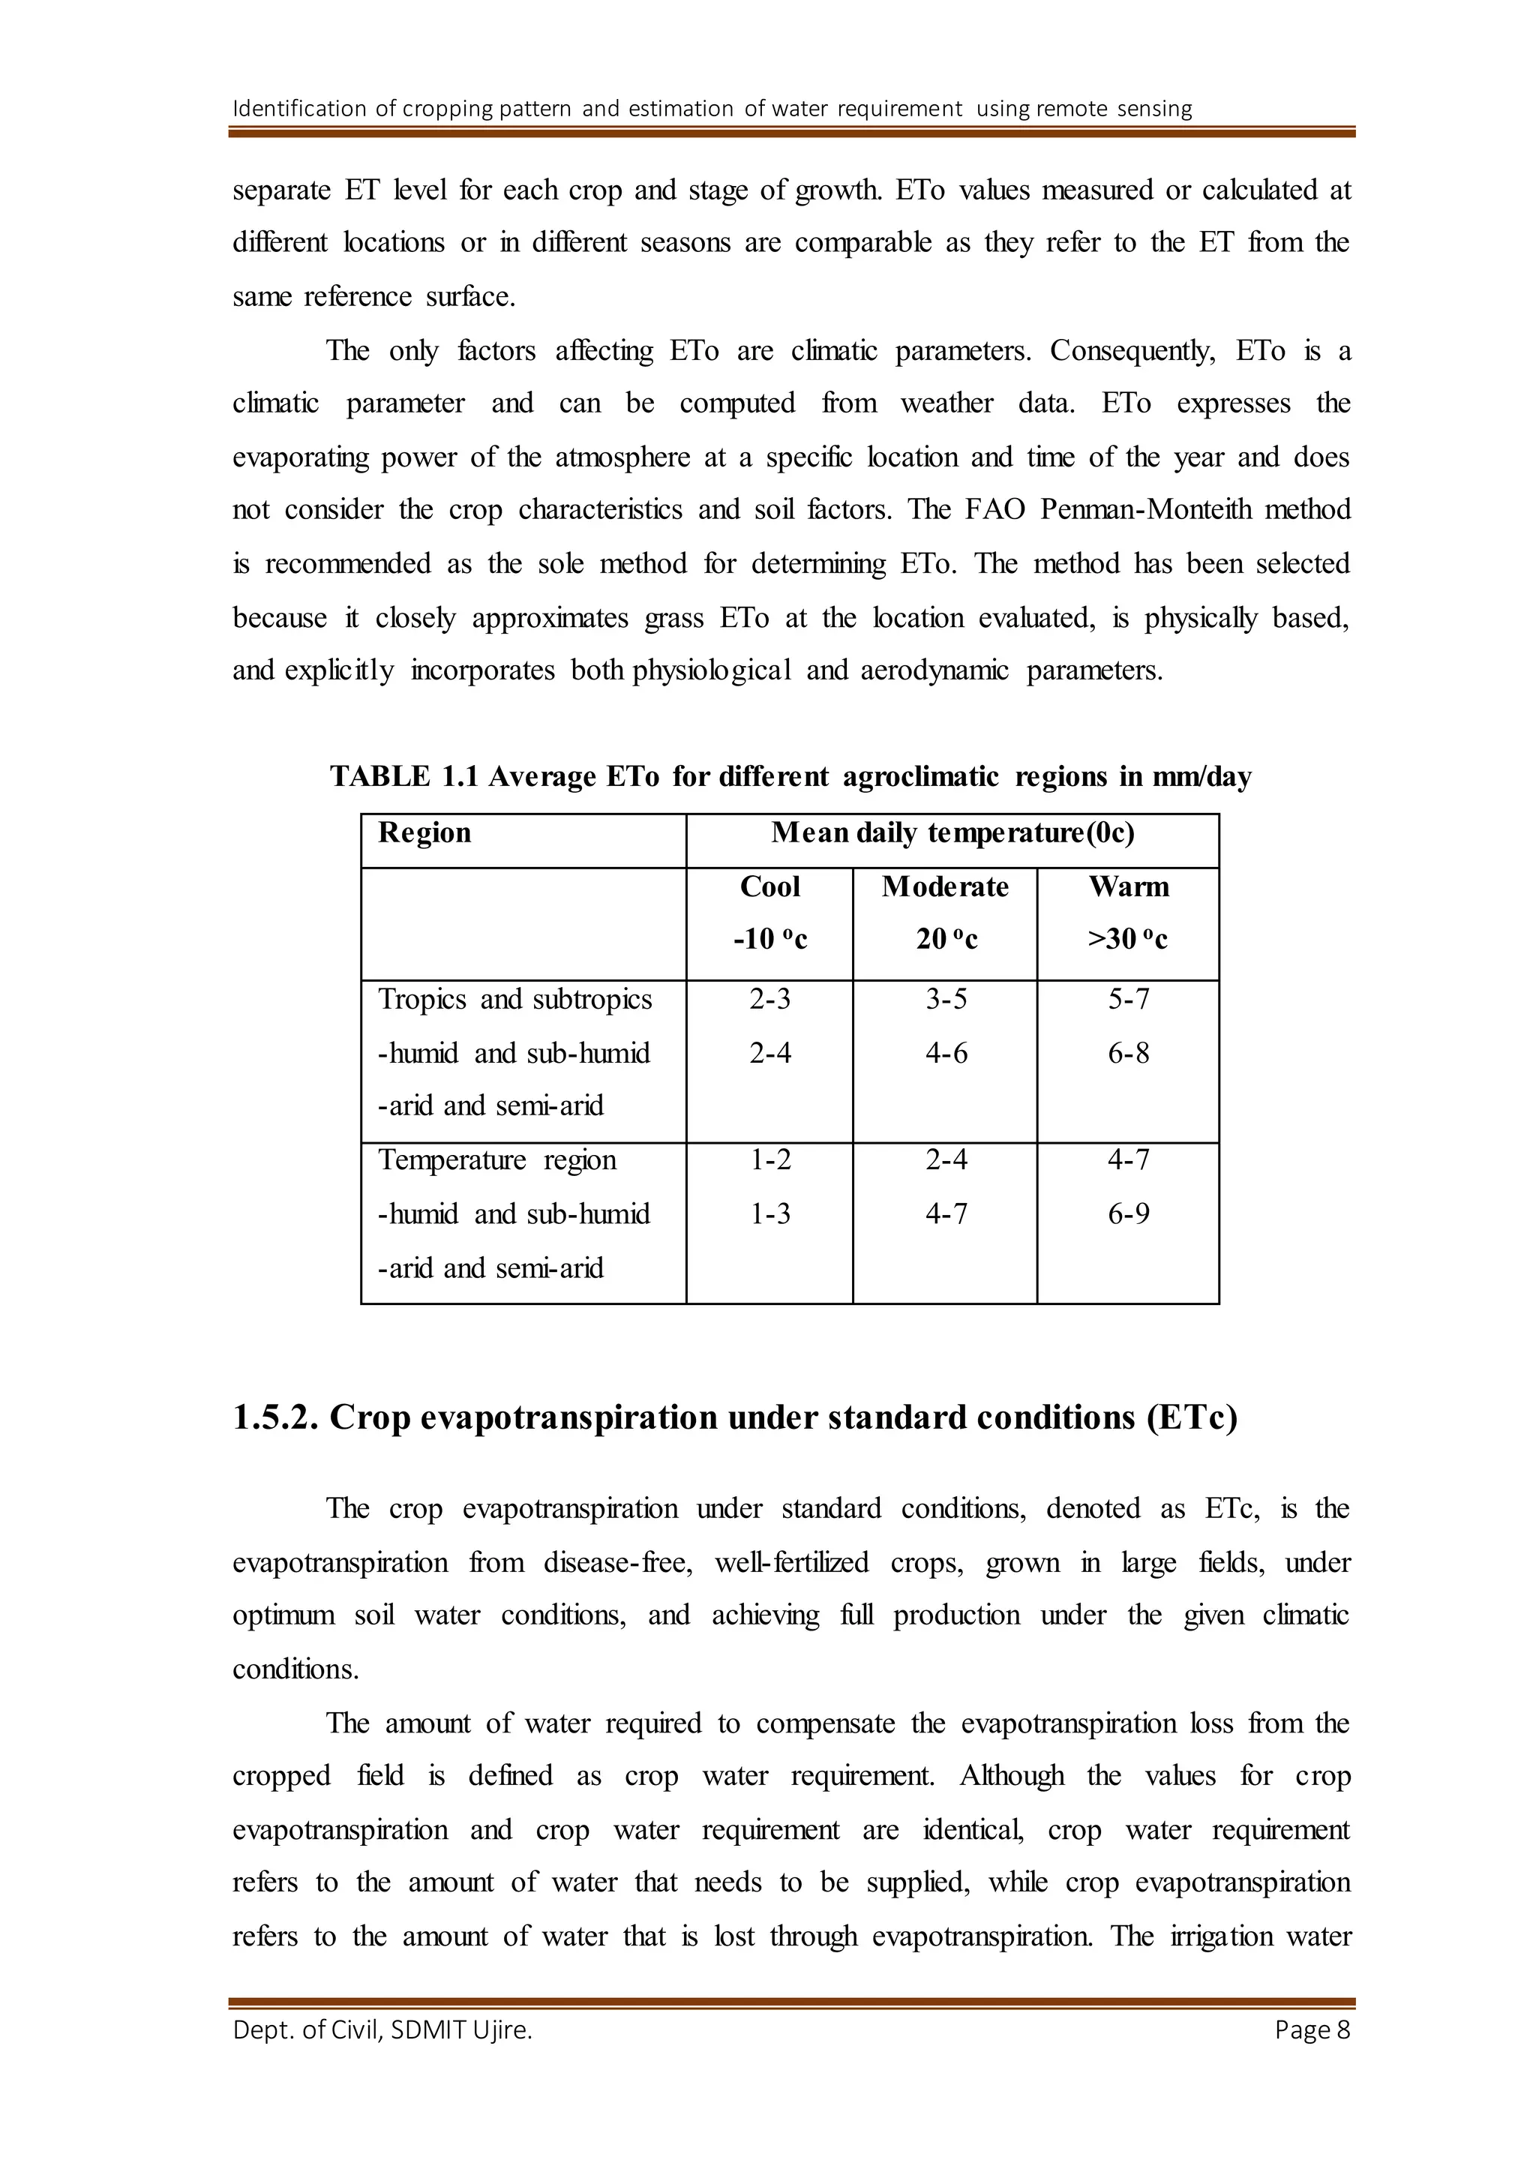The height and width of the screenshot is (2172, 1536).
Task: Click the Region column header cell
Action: (x=424, y=832)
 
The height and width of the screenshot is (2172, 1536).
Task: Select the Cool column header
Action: (x=770, y=886)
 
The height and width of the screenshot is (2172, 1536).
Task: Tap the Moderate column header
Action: (x=945, y=886)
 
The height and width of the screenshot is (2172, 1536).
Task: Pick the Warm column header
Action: (x=1128, y=886)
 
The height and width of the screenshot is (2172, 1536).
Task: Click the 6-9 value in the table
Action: (x=1128, y=1213)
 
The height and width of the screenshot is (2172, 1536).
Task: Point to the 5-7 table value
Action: (x=1128, y=999)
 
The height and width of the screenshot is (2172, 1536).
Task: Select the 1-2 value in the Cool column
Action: (x=770, y=1159)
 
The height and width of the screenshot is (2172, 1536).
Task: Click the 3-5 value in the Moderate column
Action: (x=946, y=999)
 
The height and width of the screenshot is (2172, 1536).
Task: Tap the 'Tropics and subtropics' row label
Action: (x=514, y=999)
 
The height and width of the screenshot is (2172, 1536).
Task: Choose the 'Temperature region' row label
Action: (x=496, y=1159)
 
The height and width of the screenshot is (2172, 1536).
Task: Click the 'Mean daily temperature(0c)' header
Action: (x=952, y=832)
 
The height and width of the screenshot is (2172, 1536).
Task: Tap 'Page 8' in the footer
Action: (x=1312, y=2030)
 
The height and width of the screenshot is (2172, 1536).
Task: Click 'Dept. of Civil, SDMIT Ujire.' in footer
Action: (x=382, y=2030)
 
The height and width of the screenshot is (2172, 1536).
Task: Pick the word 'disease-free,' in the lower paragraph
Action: (x=617, y=1563)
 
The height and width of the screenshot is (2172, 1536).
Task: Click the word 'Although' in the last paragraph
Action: (x=1011, y=1776)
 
